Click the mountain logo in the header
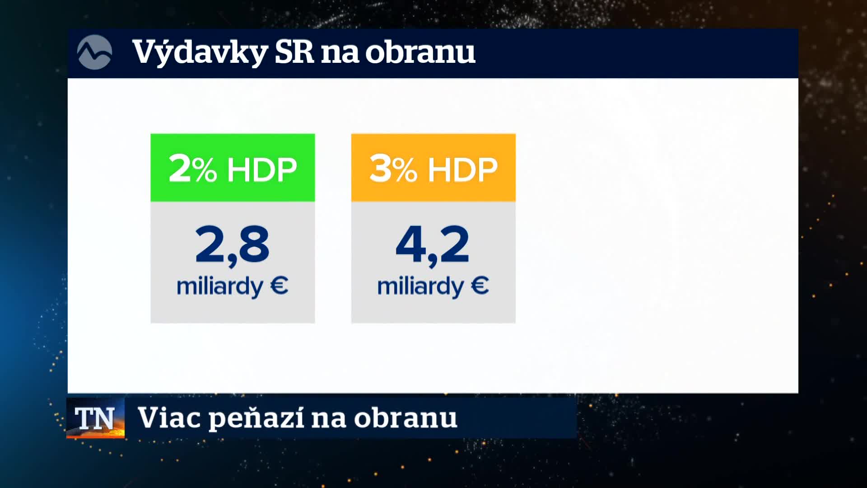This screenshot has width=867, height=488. pos(94,52)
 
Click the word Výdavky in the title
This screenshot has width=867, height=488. pos(200,53)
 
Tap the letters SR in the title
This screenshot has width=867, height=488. pos(294,52)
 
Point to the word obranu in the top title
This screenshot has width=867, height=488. pos(420,52)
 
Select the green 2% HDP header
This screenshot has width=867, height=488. pos(233,167)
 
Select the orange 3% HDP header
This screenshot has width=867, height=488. pos(433,167)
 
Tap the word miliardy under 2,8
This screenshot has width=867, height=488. pos(220,286)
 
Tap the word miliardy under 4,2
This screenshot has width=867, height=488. pos(420,286)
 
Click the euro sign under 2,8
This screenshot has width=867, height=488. pos(280,286)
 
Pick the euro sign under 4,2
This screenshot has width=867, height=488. pos(480,286)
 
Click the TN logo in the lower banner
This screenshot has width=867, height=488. pos(95,418)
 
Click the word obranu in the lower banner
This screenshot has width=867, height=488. pos(406,418)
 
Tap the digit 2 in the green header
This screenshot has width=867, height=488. pos(180,168)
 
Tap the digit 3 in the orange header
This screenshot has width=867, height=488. pos(380,168)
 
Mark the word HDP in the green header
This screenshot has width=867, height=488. pos(262,170)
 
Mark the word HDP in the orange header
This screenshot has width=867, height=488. pos(462,170)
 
